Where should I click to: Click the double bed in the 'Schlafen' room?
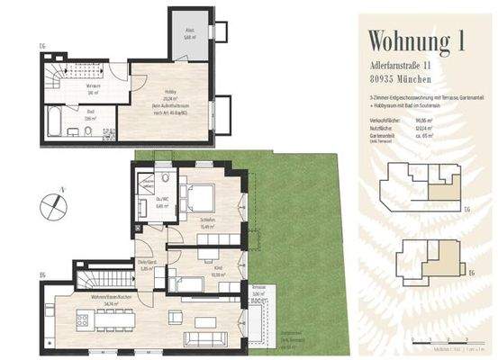[x=201, y=197]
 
